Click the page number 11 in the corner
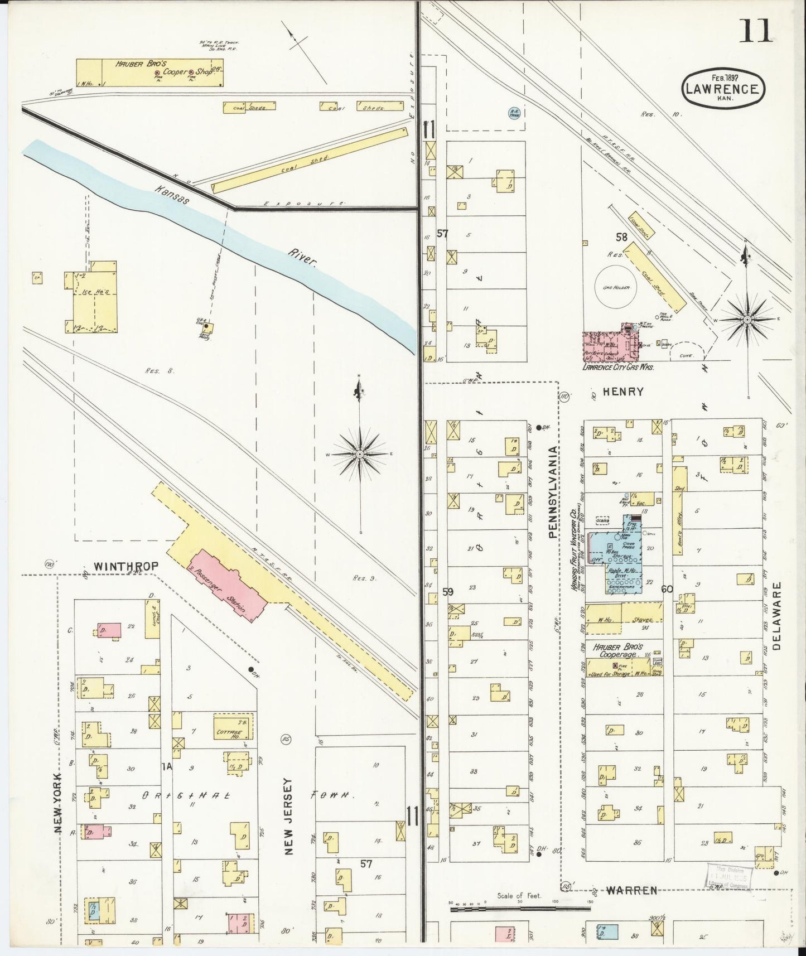(x=756, y=31)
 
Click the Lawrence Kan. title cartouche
(x=722, y=88)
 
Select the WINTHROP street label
(x=126, y=566)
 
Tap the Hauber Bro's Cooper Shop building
(x=149, y=73)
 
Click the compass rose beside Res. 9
(x=360, y=455)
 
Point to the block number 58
(x=621, y=237)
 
